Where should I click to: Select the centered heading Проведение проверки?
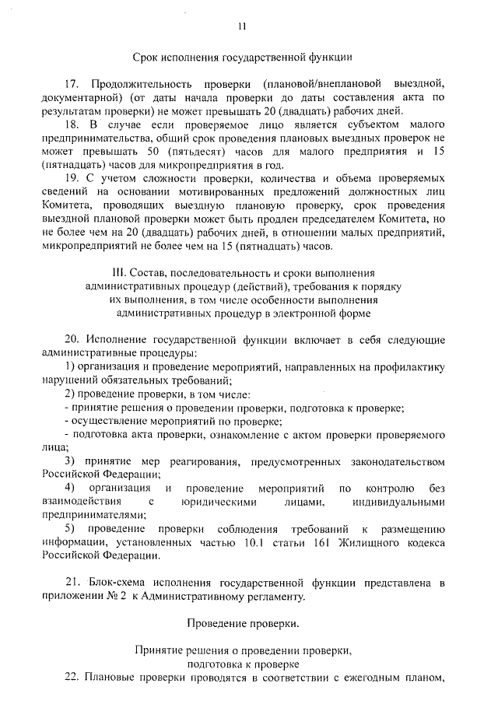click(243, 623)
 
